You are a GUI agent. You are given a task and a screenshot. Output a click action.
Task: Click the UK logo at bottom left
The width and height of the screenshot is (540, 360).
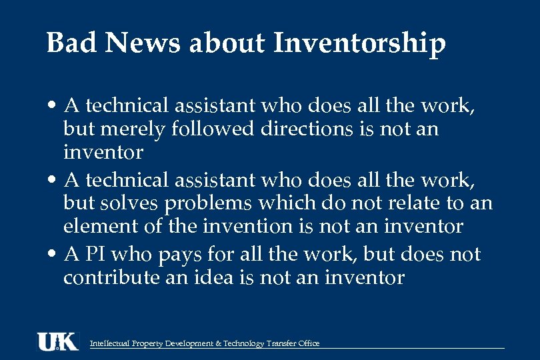58,341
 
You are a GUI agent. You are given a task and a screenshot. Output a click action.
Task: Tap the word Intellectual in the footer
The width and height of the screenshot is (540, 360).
110,344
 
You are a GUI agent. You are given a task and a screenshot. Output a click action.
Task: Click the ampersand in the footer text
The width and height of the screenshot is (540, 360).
219,344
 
